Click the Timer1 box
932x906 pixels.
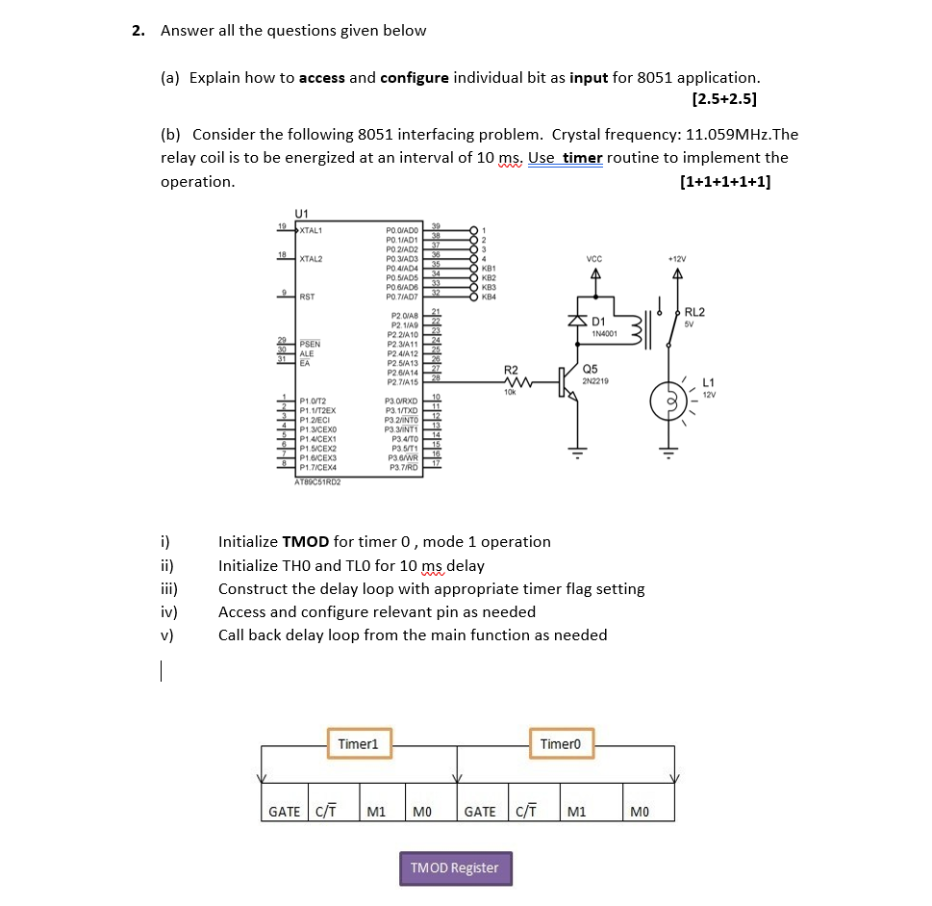tap(358, 744)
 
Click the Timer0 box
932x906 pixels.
tap(562, 744)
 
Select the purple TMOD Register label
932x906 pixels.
tap(455, 867)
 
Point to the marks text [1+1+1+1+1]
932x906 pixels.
tap(724, 182)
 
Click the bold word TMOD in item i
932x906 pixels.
tap(306, 541)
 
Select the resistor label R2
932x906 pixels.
tap(511, 370)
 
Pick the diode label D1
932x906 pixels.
tap(596, 321)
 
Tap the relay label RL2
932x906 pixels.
tap(694, 312)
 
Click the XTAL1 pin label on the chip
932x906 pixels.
tap(311, 229)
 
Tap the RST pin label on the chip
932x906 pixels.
tap(307, 297)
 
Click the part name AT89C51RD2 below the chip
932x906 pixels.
tap(316, 482)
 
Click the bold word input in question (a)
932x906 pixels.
tap(589, 77)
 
